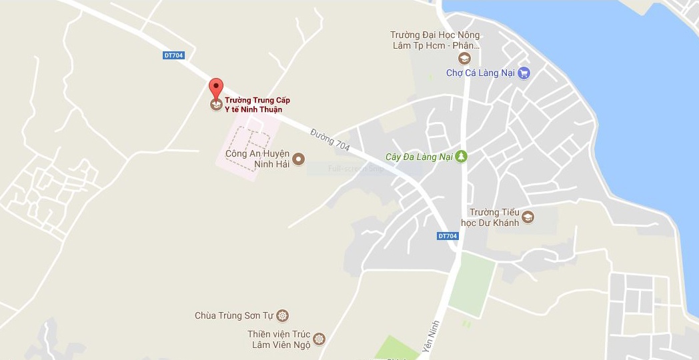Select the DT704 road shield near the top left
point(173,55)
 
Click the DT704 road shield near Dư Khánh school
point(448,236)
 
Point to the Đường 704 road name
point(330,138)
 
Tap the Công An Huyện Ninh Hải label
point(257,159)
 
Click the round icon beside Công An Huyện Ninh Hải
point(299,158)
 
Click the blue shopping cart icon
point(524,73)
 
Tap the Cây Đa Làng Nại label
point(419,157)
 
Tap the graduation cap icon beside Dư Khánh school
point(528,217)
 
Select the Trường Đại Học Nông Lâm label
point(435,40)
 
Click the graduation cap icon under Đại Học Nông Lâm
point(464,59)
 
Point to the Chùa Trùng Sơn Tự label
point(235,315)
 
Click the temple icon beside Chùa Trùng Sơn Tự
point(283,315)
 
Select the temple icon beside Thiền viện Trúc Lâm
point(319,339)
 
